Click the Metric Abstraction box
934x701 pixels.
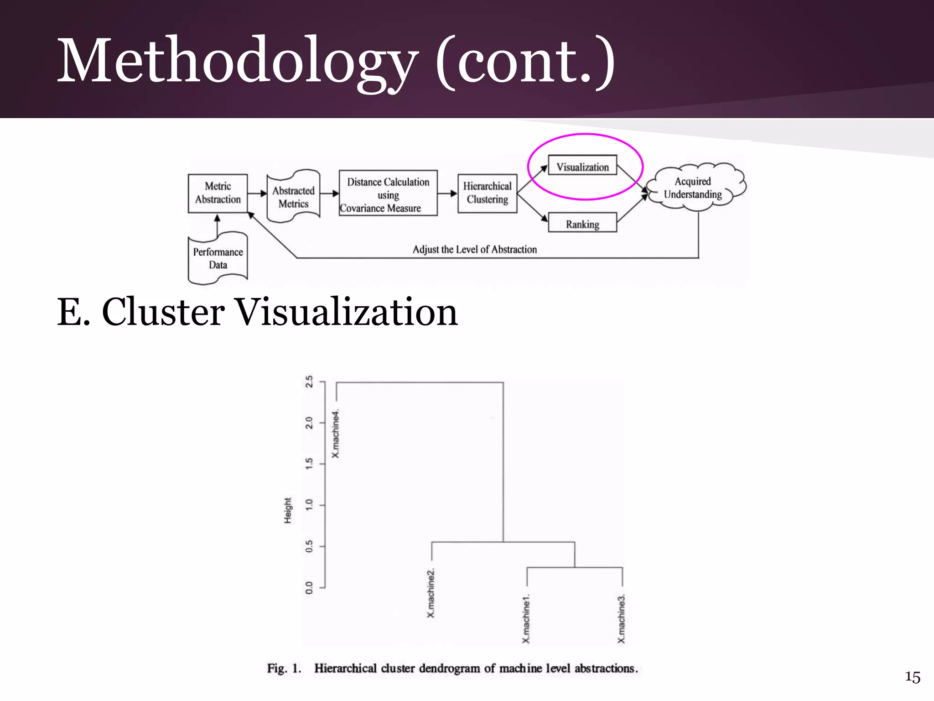(x=218, y=193)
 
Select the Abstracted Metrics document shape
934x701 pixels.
(x=293, y=197)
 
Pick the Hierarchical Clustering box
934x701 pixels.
(x=487, y=193)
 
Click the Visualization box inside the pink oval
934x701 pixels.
(x=582, y=167)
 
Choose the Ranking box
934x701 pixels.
(x=582, y=224)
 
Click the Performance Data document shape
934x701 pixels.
(x=218, y=258)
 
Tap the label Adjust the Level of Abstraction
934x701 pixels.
(x=475, y=249)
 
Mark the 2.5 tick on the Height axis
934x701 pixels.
(x=310, y=382)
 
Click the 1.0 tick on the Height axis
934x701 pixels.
(x=310, y=505)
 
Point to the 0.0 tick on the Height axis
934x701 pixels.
(x=310, y=588)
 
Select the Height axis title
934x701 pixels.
(x=288, y=511)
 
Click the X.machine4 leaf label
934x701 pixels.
(x=336, y=434)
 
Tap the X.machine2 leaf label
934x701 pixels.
(x=431, y=593)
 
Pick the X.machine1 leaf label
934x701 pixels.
(x=526, y=618)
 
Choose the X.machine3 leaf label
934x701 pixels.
(x=622, y=619)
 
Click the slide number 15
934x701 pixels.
(x=913, y=677)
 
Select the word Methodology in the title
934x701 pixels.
(x=237, y=61)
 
